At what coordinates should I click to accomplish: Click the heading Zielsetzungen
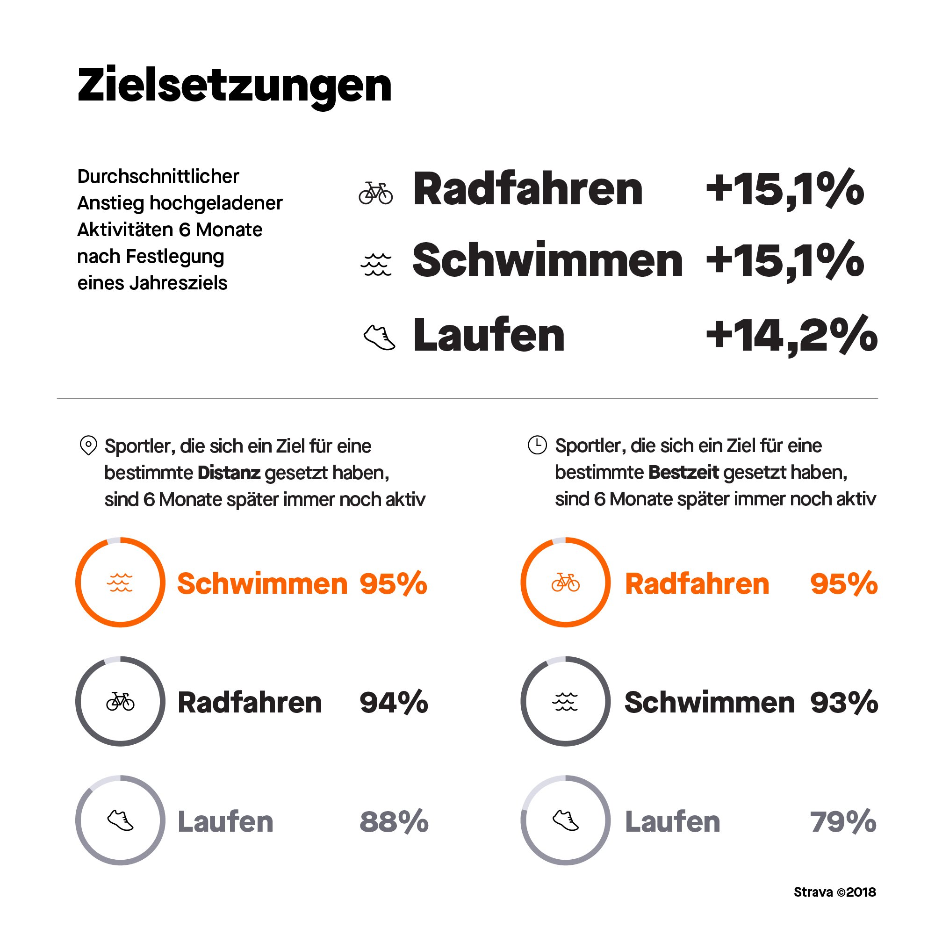234,86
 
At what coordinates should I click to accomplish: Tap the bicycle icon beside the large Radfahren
375,193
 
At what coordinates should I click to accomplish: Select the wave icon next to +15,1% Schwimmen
376,264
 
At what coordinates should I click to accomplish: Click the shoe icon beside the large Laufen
379,338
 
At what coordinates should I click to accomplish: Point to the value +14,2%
791,335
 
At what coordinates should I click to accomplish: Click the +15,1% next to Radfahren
784,189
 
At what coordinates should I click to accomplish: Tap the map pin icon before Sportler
88,445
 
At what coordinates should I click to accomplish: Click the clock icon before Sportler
537,444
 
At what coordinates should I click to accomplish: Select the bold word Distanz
229,473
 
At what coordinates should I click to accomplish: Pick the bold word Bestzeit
683,472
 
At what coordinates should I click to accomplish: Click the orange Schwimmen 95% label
262,583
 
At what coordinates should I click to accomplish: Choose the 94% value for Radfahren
394,702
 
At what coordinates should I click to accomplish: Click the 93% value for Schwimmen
843,702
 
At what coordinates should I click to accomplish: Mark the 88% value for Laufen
394,822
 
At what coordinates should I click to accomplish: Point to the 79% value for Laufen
842,822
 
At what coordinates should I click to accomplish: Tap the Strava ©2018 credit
834,892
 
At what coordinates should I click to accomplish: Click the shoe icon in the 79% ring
565,820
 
